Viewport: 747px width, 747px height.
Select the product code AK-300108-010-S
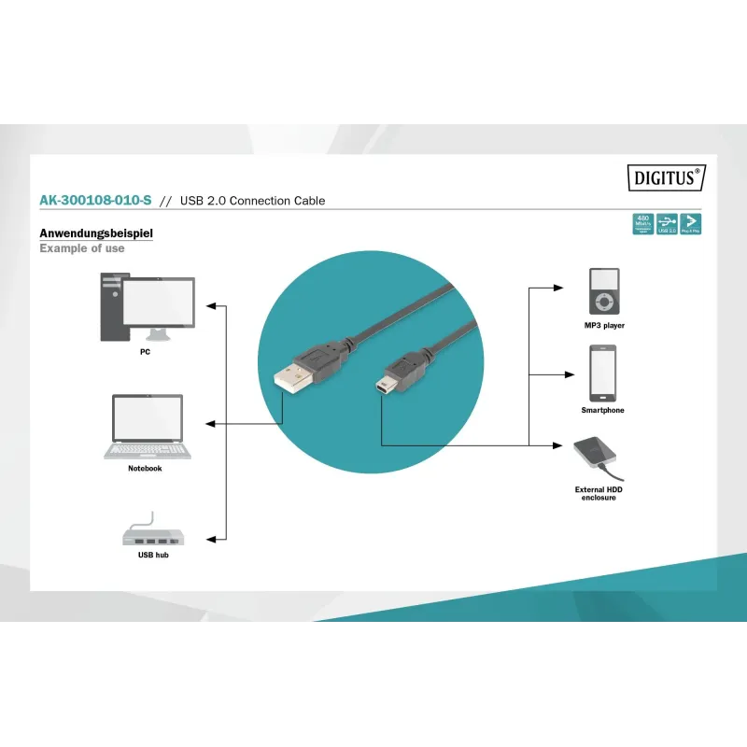pos(95,201)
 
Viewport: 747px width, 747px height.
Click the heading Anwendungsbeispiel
pos(96,233)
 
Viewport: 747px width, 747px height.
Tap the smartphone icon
pos(602,373)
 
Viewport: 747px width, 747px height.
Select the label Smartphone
pos(602,411)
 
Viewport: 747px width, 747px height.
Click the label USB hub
pos(153,555)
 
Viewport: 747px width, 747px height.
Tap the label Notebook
pos(145,469)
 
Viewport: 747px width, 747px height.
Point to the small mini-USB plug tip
pos(384,385)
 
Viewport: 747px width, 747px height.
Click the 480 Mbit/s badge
pos(642,224)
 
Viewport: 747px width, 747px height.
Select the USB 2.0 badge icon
pos(667,224)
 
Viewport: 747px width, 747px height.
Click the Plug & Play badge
pos(691,224)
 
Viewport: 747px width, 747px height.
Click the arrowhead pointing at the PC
pos(211,305)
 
